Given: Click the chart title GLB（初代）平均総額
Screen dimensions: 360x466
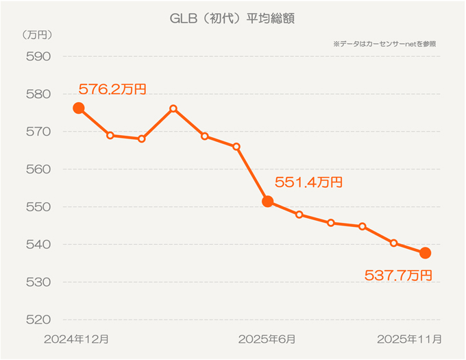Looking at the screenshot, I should (x=232, y=19).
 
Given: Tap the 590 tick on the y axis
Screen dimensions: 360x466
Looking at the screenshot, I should (x=38, y=56).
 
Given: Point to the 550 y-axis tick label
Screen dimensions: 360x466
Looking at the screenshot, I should (x=38, y=207).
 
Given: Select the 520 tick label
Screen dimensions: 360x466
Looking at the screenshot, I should (x=38, y=320).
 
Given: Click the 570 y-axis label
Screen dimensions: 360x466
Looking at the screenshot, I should (x=38, y=132).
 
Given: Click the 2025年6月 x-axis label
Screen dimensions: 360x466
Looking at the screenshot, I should (x=267, y=339).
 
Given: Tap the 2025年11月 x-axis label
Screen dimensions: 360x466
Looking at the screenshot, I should (x=409, y=339).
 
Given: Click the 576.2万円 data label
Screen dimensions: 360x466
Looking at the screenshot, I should (x=112, y=89).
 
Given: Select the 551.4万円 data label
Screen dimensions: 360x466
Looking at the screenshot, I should (x=308, y=182).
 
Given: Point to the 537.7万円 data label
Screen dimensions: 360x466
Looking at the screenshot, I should (x=398, y=276).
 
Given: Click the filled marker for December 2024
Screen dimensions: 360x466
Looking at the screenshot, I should (x=79, y=108).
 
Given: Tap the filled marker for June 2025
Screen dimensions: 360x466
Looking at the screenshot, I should (x=268, y=202).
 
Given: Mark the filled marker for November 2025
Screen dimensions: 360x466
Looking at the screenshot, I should (x=425, y=253).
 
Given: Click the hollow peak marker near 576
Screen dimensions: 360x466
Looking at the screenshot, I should (x=173, y=108).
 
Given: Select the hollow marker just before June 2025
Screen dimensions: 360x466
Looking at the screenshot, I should (x=236, y=147).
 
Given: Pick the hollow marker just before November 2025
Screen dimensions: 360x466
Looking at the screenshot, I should (x=394, y=243).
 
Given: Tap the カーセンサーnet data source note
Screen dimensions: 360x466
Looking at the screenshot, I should (x=384, y=44).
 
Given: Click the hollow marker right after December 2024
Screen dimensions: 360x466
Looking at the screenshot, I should (x=110, y=135).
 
